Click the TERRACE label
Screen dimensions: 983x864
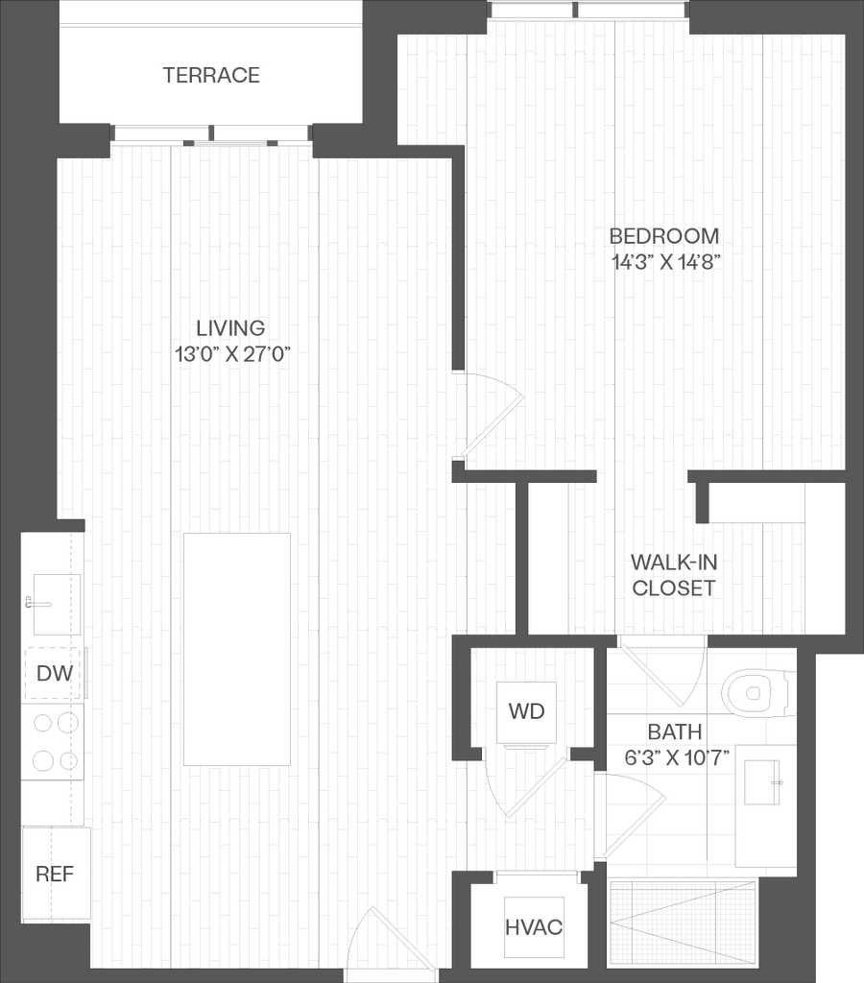click(211, 75)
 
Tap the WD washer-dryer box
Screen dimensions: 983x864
click(526, 711)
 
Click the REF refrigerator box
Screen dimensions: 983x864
click(55, 874)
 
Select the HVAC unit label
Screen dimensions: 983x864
click(534, 927)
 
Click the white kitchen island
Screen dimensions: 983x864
click(237, 649)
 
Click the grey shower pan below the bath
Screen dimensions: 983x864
click(683, 922)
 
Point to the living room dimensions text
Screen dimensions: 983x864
click(233, 353)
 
